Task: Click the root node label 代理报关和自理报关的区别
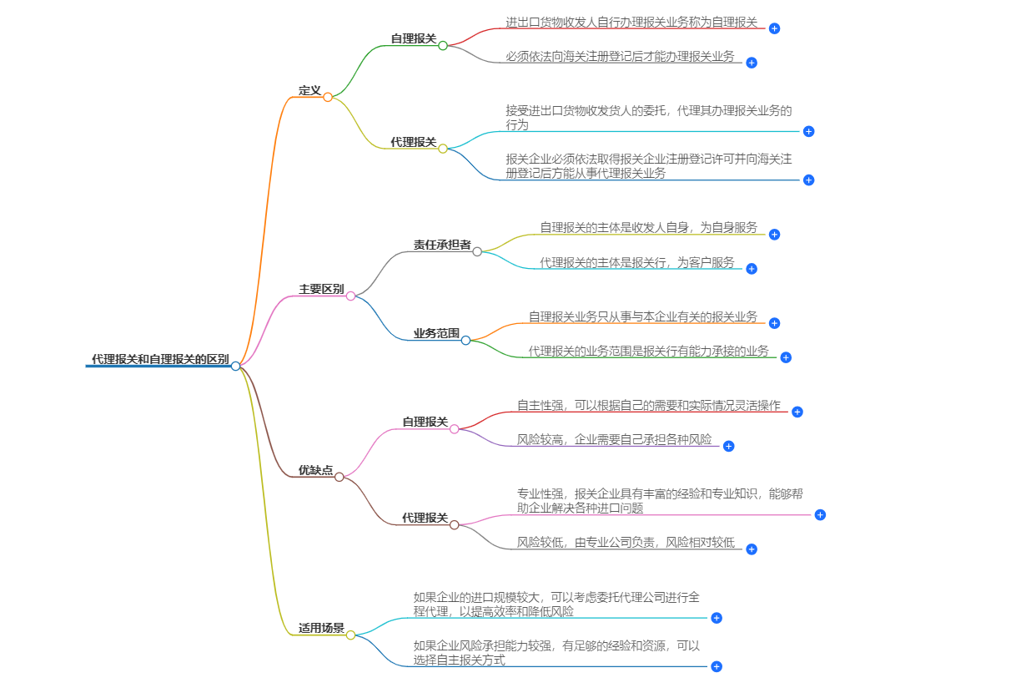[x=159, y=359]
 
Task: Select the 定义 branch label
[x=309, y=90]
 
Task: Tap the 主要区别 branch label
[x=321, y=289]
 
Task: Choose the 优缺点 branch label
[x=315, y=470]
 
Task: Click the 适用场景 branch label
[x=321, y=628]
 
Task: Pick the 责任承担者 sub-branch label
[x=442, y=245]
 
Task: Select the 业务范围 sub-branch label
[x=436, y=333]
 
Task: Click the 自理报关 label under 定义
[x=413, y=38]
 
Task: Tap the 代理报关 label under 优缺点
[x=425, y=518]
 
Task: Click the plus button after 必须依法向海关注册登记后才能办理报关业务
[x=752, y=63]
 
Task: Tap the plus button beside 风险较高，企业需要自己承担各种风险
[x=728, y=447]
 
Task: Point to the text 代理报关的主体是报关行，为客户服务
[x=637, y=263]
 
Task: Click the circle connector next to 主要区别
[x=351, y=296]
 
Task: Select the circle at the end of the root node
[x=236, y=366]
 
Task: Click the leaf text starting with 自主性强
[x=648, y=406]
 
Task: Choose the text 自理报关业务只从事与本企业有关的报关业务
[x=642, y=317]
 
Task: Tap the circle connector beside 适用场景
[x=351, y=635]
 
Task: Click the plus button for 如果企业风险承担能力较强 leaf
[x=717, y=666]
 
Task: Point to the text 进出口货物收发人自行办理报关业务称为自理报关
[x=631, y=23]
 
